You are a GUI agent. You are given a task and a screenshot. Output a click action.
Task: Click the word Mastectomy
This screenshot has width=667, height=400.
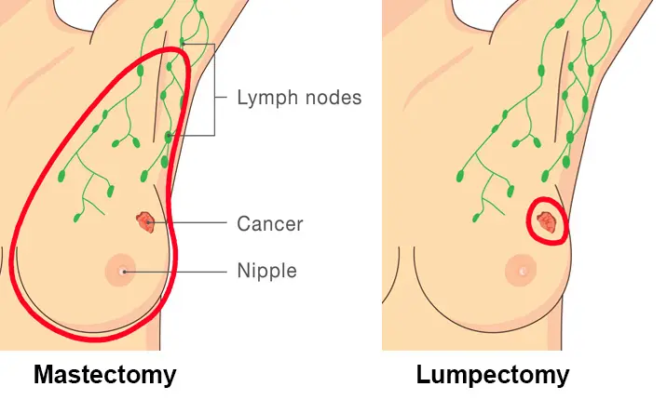[104, 375]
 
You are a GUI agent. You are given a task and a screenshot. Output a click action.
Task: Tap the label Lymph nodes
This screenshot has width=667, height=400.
[299, 97]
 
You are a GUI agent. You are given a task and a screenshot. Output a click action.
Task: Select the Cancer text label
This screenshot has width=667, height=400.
[270, 223]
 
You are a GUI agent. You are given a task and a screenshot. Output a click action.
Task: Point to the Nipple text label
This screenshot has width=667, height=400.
[266, 272]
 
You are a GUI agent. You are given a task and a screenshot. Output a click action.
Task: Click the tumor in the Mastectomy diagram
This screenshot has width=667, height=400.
[144, 221]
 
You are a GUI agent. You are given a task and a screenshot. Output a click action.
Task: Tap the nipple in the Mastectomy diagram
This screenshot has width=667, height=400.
[122, 271]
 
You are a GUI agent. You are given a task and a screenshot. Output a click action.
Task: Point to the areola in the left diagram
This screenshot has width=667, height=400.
[114, 264]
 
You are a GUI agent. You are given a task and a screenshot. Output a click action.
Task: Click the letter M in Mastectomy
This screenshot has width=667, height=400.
[43, 375]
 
